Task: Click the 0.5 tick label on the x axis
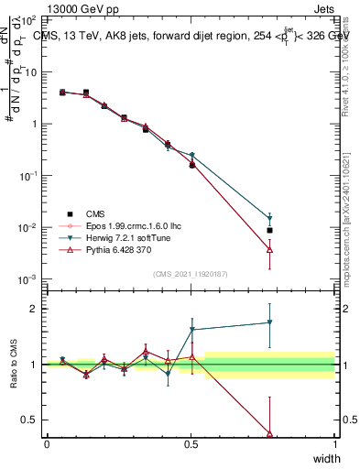191,443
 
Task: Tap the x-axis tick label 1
334,443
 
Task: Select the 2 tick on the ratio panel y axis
33,309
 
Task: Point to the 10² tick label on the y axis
28,19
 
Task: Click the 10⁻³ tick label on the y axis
28,278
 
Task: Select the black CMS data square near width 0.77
269,230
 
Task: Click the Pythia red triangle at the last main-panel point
269,249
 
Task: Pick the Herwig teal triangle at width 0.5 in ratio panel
191,329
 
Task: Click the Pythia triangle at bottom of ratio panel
269,433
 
